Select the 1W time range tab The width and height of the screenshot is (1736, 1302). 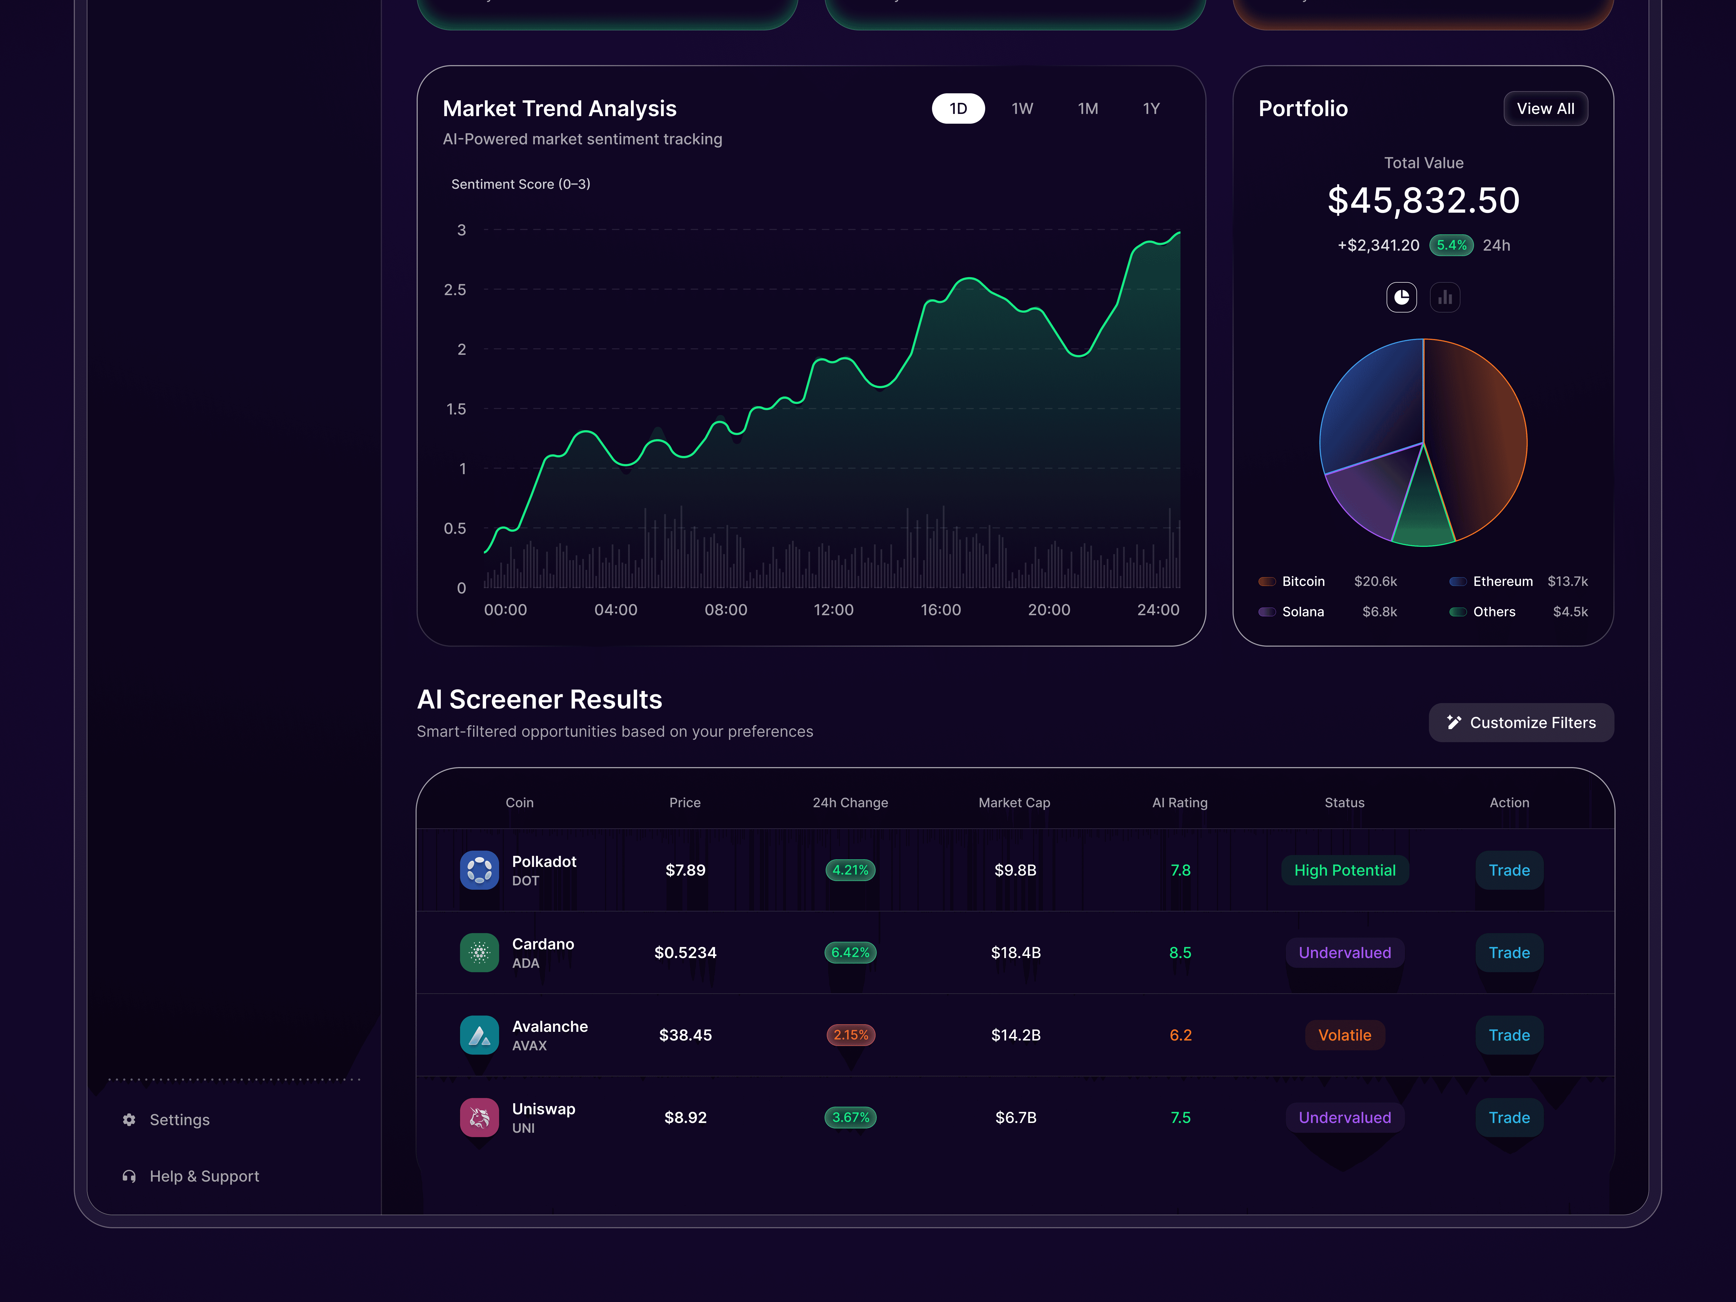click(x=1022, y=108)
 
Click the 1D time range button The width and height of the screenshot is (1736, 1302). click(x=958, y=108)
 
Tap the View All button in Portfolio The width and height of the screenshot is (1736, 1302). click(x=1544, y=108)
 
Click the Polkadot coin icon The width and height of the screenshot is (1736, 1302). click(x=479, y=870)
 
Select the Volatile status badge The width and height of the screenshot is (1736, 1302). click(x=1344, y=1034)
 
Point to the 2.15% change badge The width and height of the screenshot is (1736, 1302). click(x=850, y=1034)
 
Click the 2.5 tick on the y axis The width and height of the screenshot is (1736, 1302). click(x=455, y=290)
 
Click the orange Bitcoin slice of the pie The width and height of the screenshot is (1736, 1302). click(x=1475, y=439)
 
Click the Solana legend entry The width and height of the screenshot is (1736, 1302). click(x=1302, y=611)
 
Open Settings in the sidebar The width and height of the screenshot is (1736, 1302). click(x=179, y=1119)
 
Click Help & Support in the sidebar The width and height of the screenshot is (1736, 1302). click(x=203, y=1176)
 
